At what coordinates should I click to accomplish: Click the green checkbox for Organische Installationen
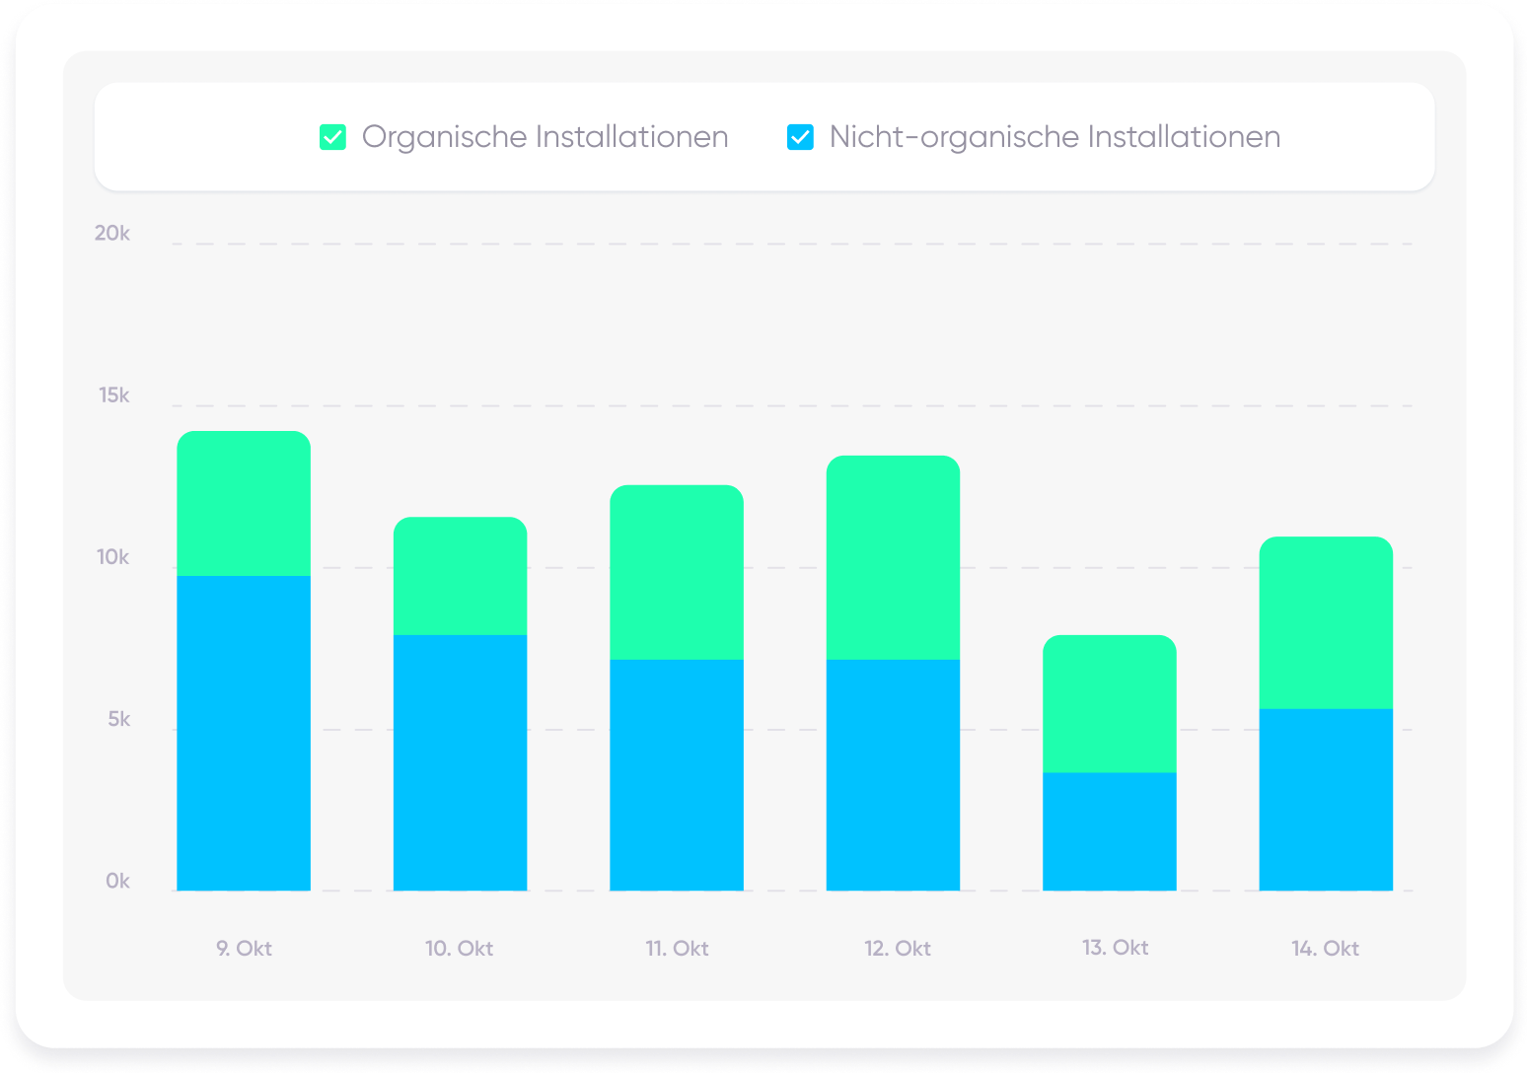click(x=333, y=137)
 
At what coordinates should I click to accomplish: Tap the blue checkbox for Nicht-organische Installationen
click(x=800, y=137)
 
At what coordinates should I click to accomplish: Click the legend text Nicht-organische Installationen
click(x=1054, y=137)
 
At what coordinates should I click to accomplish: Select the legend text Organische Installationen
click(x=545, y=137)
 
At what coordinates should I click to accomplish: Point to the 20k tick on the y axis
click(x=112, y=234)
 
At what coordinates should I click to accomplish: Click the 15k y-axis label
click(x=114, y=395)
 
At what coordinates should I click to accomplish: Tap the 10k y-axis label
click(x=113, y=557)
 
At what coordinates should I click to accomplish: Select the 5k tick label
click(x=118, y=720)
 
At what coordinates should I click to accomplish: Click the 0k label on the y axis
click(x=117, y=882)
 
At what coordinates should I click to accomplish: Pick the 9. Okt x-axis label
click(x=244, y=949)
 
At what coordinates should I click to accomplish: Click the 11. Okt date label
click(x=677, y=949)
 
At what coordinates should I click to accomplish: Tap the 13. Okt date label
click(x=1115, y=948)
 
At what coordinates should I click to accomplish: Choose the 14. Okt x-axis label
click(x=1325, y=949)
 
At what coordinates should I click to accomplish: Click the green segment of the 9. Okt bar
click(x=244, y=504)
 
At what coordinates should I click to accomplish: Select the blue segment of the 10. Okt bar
click(x=460, y=762)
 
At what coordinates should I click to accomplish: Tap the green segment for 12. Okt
click(x=893, y=557)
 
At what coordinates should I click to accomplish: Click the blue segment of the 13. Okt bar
click(x=1110, y=831)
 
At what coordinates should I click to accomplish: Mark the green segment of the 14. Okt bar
click(x=1326, y=622)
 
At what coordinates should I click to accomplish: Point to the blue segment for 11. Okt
click(x=677, y=775)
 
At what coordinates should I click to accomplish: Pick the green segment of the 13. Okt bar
click(x=1110, y=703)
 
